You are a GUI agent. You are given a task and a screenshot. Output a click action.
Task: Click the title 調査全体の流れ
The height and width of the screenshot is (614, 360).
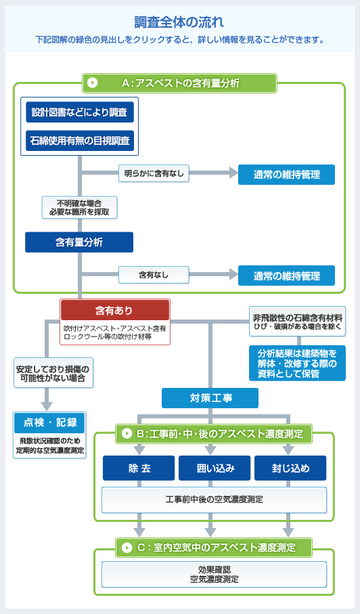[x=179, y=22]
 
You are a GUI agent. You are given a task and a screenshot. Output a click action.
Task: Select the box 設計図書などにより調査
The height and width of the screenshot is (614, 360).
[x=80, y=112]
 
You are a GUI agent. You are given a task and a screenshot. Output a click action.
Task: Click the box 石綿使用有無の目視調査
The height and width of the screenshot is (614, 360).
[x=80, y=141]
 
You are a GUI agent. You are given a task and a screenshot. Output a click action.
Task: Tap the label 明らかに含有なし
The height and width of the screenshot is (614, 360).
[x=154, y=174]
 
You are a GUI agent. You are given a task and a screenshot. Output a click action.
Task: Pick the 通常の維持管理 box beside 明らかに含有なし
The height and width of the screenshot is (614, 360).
[x=286, y=175]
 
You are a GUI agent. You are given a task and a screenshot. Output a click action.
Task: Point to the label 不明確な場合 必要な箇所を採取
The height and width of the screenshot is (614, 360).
[x=79, y=207]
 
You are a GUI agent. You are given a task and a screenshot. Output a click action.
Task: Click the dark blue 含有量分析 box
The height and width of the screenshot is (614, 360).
[x=79, y=242]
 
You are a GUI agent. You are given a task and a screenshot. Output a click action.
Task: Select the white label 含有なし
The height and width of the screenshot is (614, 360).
[x=154, y=275]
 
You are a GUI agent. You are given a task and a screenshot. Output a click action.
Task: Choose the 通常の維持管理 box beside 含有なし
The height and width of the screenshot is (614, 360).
[x=286, y=276]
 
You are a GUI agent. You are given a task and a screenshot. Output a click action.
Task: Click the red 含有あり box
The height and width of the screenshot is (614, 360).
[x=114, y=311]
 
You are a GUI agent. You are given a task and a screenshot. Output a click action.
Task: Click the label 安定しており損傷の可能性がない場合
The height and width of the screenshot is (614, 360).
[x=52, y=374]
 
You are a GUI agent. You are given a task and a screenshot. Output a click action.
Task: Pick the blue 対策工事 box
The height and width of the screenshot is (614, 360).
[x=210, y=398]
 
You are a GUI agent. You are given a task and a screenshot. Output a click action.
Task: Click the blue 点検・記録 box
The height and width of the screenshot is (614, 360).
[x=49, y=422]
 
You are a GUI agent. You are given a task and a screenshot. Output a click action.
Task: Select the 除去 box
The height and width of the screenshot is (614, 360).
[x=139, y=468]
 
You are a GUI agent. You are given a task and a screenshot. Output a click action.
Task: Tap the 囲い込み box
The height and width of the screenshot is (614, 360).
[x=215, y=468]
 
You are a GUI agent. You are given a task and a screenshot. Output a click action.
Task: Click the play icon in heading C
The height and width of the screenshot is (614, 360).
[x=127, y=546]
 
